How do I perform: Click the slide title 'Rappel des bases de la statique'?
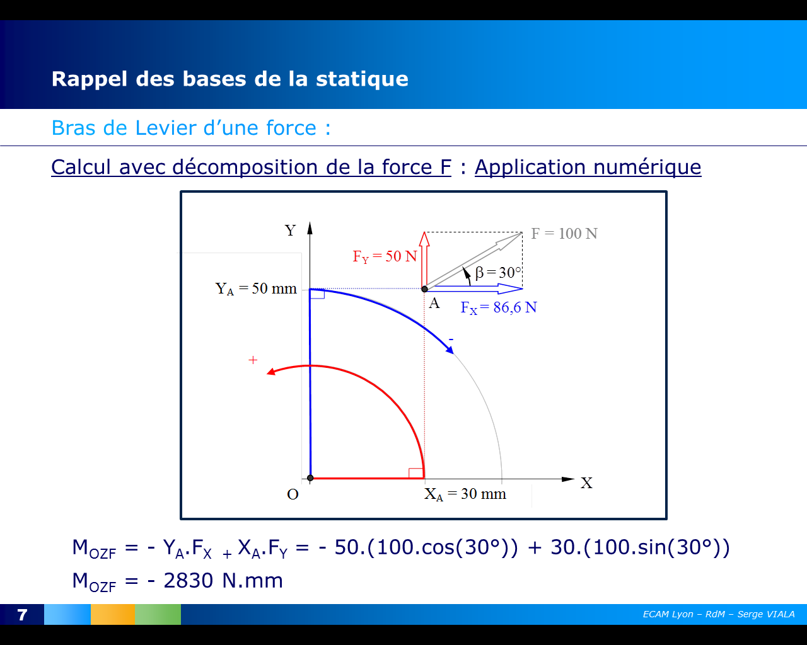point(229,79)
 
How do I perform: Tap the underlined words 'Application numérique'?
point(588,167)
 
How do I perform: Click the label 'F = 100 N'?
point(564,234)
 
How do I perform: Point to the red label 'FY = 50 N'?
point(385,256)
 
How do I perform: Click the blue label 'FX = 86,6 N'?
point(498,307)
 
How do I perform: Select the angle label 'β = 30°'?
point(498,273)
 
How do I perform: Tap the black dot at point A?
point(424,289)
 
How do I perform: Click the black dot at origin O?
point(310,478)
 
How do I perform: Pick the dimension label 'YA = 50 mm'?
point(256,288)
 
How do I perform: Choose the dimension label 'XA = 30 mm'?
point(465,494)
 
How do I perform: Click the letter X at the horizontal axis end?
point(586,483)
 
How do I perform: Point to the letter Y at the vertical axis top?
point(290,231)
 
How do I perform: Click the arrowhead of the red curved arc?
point(271,372)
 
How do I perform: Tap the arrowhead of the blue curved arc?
point(450,350)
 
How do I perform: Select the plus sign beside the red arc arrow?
point(253,360)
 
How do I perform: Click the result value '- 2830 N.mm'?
point(215,580)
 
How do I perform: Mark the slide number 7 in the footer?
point(22,615)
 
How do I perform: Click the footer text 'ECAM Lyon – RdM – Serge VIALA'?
point(719,614)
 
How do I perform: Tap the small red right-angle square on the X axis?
point(415,473)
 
